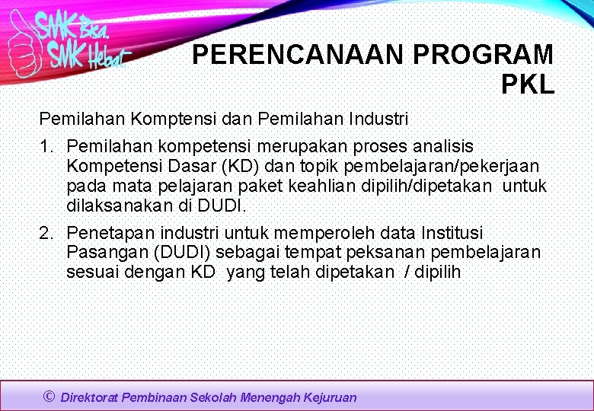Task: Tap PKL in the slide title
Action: (527, 84)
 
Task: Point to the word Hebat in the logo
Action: (107, 57)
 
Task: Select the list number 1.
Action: (45, 146)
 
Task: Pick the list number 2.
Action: (45, 233)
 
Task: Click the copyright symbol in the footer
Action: (49, 396)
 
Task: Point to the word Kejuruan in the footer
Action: (330, 397)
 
